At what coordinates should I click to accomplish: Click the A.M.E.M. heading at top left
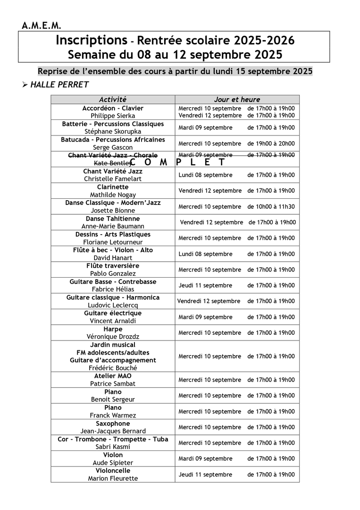pyautogui.click(x=41, y=25)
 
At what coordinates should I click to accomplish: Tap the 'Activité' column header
pyautogui.click(x=113, y=100)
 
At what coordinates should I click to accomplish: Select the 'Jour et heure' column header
pyautogui.click(x=237, y=100)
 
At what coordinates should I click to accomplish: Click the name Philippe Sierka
pyautogui.click(x=113, y=116)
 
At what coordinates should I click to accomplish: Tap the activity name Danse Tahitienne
pyautogui.click(x=113, y=219)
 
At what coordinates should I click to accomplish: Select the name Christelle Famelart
pyautogui.click(x=113, y=179)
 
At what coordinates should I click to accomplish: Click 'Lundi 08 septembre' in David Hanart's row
pyautogui.click(x=205, y=254)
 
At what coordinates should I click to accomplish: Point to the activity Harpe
pyautogui.click(x=113, y=329)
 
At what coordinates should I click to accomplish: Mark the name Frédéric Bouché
pyautogui.click(x=113, y=368)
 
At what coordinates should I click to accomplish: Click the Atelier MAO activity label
pyautogui.click(x=113, y=376)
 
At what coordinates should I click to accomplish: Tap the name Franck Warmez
pyautogui.click(x=113, y=416)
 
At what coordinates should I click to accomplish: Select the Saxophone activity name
pyautogui.click(x=113, y=424)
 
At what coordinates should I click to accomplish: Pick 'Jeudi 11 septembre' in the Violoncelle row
pyautogui.click(x=205, y=475)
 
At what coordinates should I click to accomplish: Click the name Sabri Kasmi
pyautogui.click(x=113, y=447)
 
